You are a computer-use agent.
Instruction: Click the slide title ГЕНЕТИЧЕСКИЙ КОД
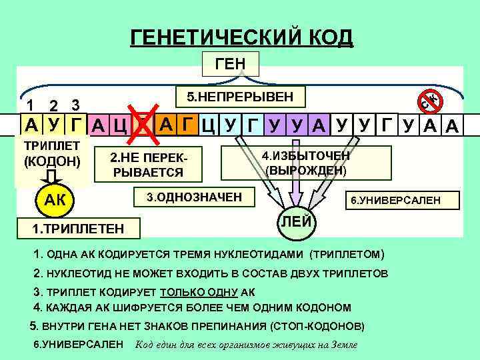pos(241,37)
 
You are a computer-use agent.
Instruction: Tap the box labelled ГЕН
pos(230,63)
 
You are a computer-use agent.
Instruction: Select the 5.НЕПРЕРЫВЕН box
pos(239,97)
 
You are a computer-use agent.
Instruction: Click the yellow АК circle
pos(51,201)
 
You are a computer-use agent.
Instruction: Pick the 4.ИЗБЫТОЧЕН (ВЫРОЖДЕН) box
pos(305,163)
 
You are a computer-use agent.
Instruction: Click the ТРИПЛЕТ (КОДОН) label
pos(51,153)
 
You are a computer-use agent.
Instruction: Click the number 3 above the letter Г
pos(76,105)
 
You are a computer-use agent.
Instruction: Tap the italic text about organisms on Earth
pos(246,345)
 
